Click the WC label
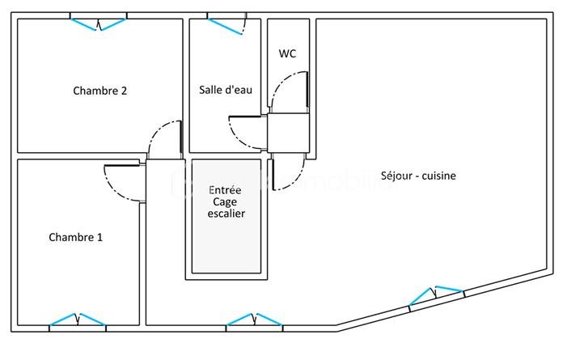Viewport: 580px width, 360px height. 287,54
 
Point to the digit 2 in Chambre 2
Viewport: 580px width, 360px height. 123,91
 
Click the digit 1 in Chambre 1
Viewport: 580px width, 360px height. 99,238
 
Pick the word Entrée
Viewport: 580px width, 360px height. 226,189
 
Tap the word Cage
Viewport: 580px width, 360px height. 226,201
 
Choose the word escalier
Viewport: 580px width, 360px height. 226,214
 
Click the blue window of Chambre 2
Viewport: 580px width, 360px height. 98,23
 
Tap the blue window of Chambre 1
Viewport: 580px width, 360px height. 78,320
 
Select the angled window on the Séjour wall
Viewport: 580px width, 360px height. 436,295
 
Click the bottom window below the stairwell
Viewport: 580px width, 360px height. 254,320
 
